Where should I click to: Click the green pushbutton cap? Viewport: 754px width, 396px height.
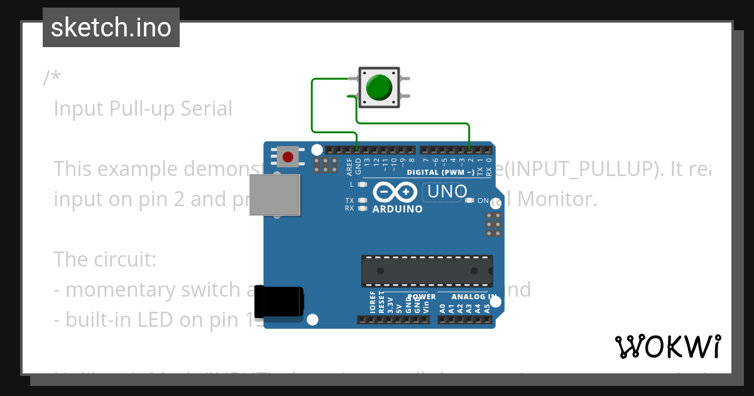pos(379,87)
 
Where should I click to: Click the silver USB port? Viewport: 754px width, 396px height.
pos(275,195)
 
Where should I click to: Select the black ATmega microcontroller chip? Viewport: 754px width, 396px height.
pos(427,271)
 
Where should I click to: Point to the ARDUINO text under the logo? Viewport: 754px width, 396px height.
pos(397,209)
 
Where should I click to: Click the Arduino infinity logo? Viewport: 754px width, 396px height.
pos(395,191)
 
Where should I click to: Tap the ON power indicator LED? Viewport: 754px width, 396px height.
pos(469,201)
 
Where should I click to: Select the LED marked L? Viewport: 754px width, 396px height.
pos(362,185)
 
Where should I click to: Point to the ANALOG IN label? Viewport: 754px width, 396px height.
pos(474,296)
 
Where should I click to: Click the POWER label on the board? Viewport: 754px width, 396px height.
pos(422,297)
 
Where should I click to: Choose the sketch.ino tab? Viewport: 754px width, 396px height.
pos(111,28)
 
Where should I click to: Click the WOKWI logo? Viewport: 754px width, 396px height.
pos(667,346)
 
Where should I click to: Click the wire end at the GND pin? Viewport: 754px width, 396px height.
pos(358,150)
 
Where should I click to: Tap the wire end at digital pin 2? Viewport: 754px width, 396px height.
pos(470,150)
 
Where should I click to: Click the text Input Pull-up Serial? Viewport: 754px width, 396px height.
pos(143,109)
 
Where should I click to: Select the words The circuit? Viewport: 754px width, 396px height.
pos(104,259)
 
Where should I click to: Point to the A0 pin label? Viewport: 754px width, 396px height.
pos(442,308)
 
